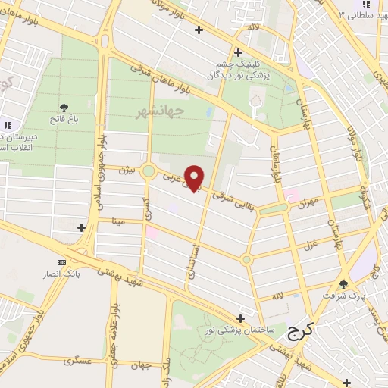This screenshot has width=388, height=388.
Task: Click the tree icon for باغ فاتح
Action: (64, 108)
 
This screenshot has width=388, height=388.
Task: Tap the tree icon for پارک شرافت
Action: (343, 284)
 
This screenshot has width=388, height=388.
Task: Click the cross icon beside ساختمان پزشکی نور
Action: (240, 318)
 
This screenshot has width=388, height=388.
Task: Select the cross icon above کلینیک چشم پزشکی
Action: (238, 52)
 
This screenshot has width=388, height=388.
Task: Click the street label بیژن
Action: (125, 171)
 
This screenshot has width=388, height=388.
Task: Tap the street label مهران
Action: (305, 205)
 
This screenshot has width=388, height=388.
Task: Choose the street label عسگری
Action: (78, 361)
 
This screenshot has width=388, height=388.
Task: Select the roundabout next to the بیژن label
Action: (149, 171)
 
